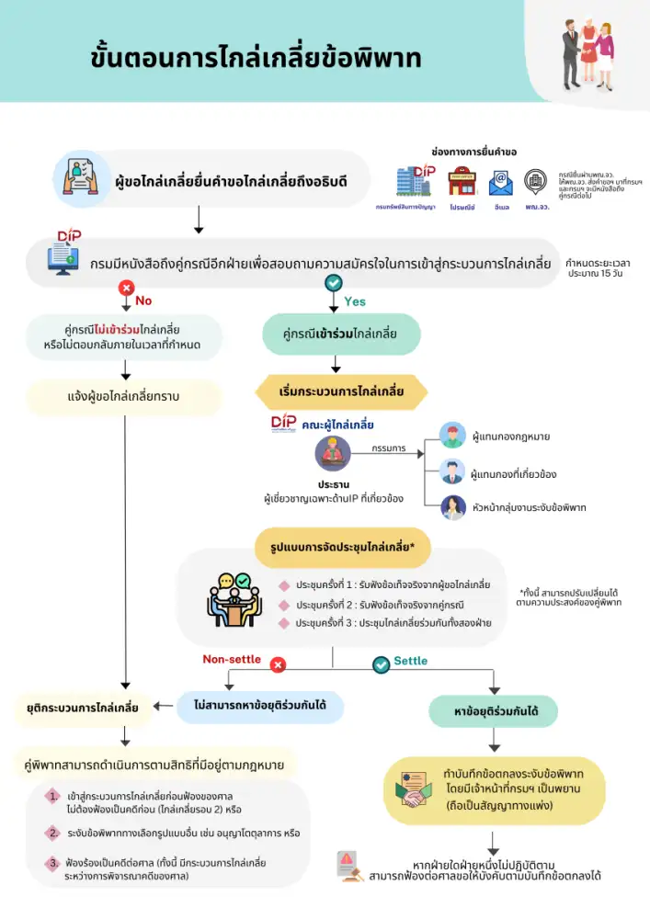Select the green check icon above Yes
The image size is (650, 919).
[x=334, y=284]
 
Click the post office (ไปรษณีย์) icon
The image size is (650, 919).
[x=462, y=182]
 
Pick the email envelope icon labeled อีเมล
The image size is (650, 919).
[x=500, y=182]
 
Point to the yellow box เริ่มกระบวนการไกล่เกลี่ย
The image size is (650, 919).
[x=341, y=391]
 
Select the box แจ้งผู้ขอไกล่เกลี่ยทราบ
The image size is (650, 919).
[x=124, y=397]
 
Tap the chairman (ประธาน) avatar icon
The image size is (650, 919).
[x=333, y=454]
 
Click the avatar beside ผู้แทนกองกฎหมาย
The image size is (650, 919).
[x=452, y=436]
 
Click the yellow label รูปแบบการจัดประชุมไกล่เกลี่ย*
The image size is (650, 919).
[x=341, y=549]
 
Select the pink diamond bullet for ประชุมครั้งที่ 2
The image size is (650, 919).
[x=284, y=605]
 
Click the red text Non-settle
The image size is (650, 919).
[x=232, y=659]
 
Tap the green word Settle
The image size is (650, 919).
[x=410, y=661]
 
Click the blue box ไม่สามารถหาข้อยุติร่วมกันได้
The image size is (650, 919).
[x=260, y=707]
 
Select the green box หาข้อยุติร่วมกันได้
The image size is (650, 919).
[x=493, y=711]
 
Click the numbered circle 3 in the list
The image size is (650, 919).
[x=54, y=863]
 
